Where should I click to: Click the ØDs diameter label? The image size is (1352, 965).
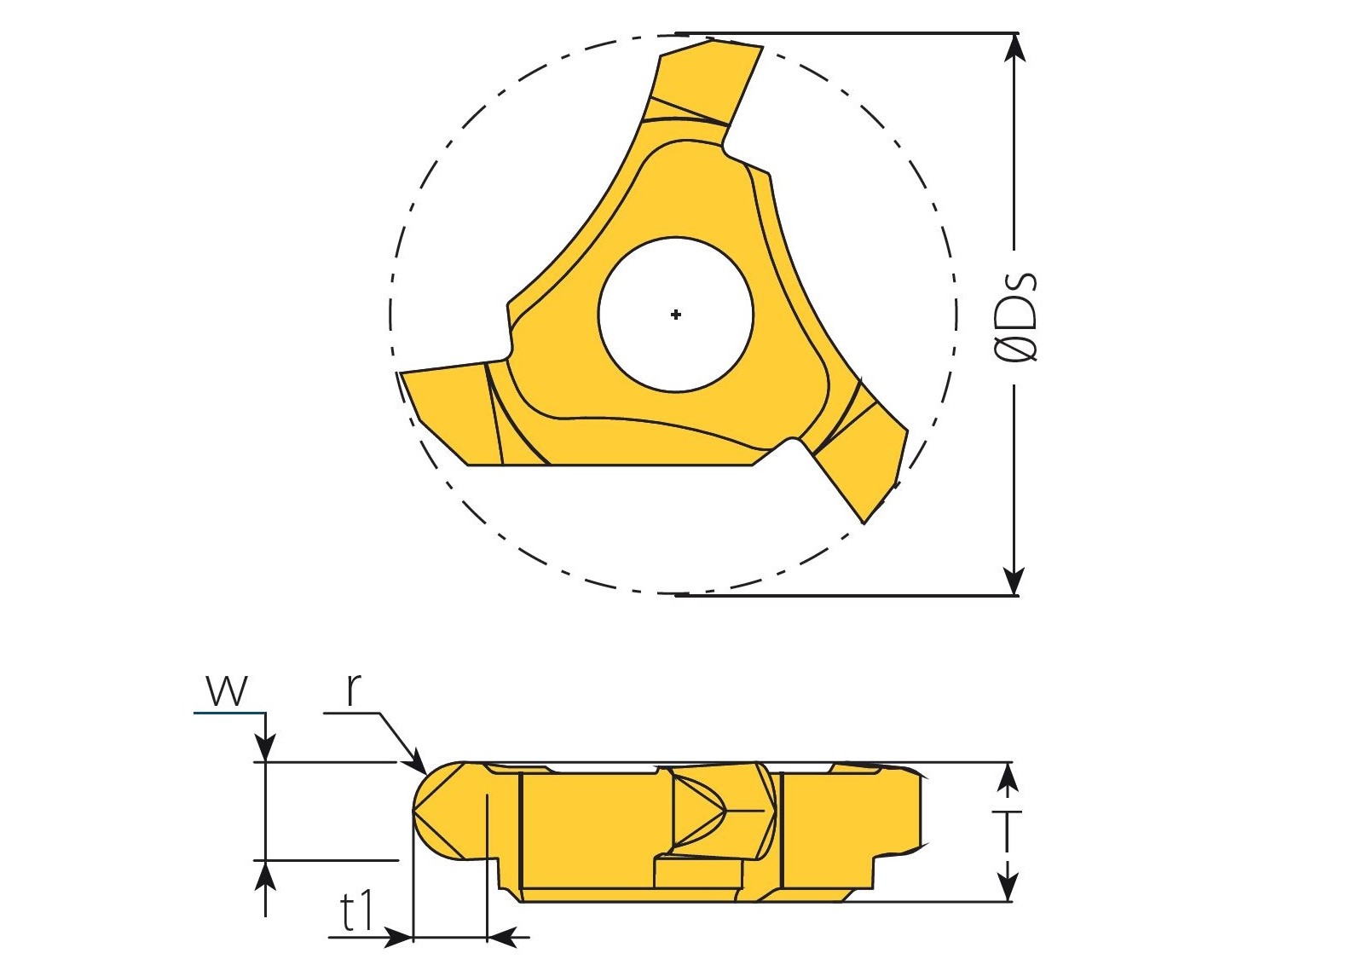1016,317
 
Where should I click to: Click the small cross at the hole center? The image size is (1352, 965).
676,315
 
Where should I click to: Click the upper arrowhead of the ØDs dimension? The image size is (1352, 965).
1014,46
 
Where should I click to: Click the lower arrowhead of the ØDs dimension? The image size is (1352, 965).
1014,581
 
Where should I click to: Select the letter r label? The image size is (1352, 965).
353,690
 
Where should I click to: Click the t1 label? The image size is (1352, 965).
357,912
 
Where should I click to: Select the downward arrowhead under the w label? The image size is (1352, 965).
267,748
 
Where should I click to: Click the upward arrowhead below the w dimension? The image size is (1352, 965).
267,873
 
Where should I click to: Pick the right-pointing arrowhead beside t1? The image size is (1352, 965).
398,938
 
